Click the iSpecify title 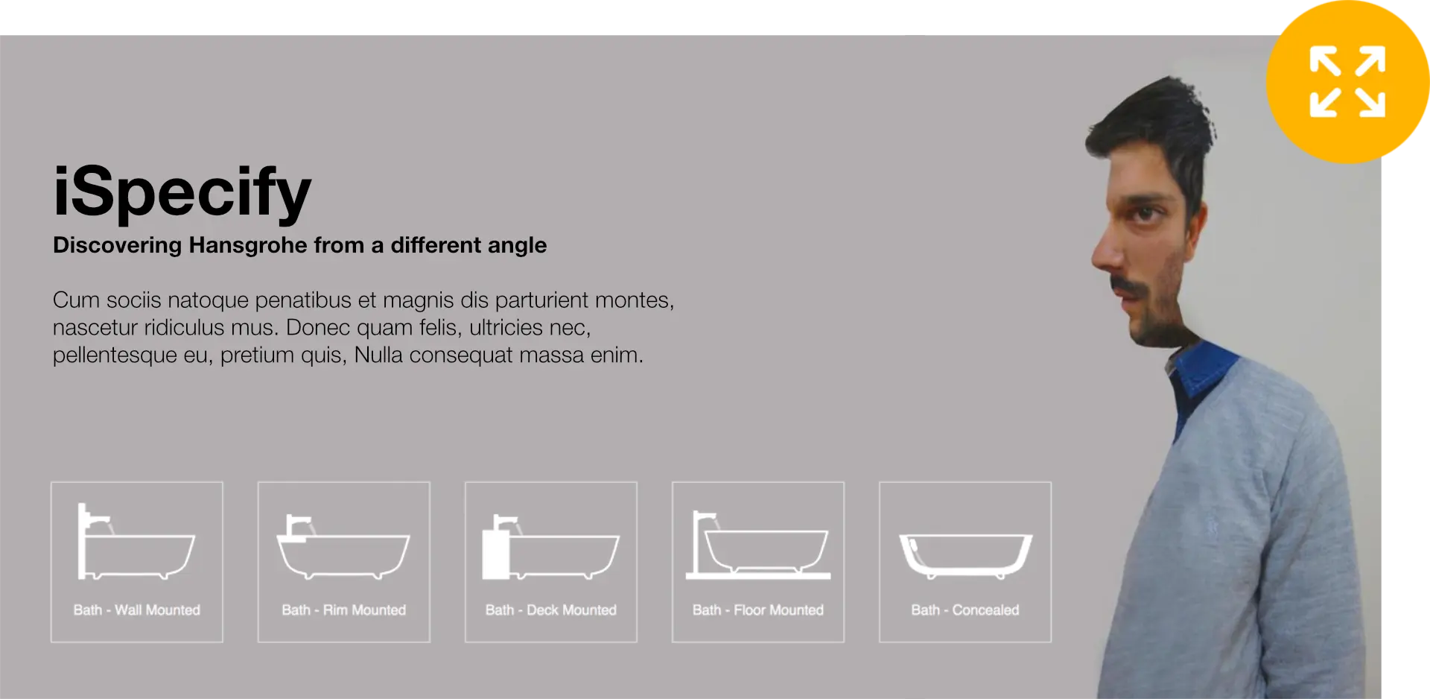coord(182,193)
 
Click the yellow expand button coord(1347,82)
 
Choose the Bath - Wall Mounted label coord(137,610)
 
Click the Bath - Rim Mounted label coord(344,610)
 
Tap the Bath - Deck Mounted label coord(551,610)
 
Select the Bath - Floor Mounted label coord(758,610)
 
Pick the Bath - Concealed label coord(965,610)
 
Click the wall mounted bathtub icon coord(136,542)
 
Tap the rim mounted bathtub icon coord(343,547)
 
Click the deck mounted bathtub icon coord(550,547)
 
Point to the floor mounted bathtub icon coord(758,545)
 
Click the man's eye coord(1145,214)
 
